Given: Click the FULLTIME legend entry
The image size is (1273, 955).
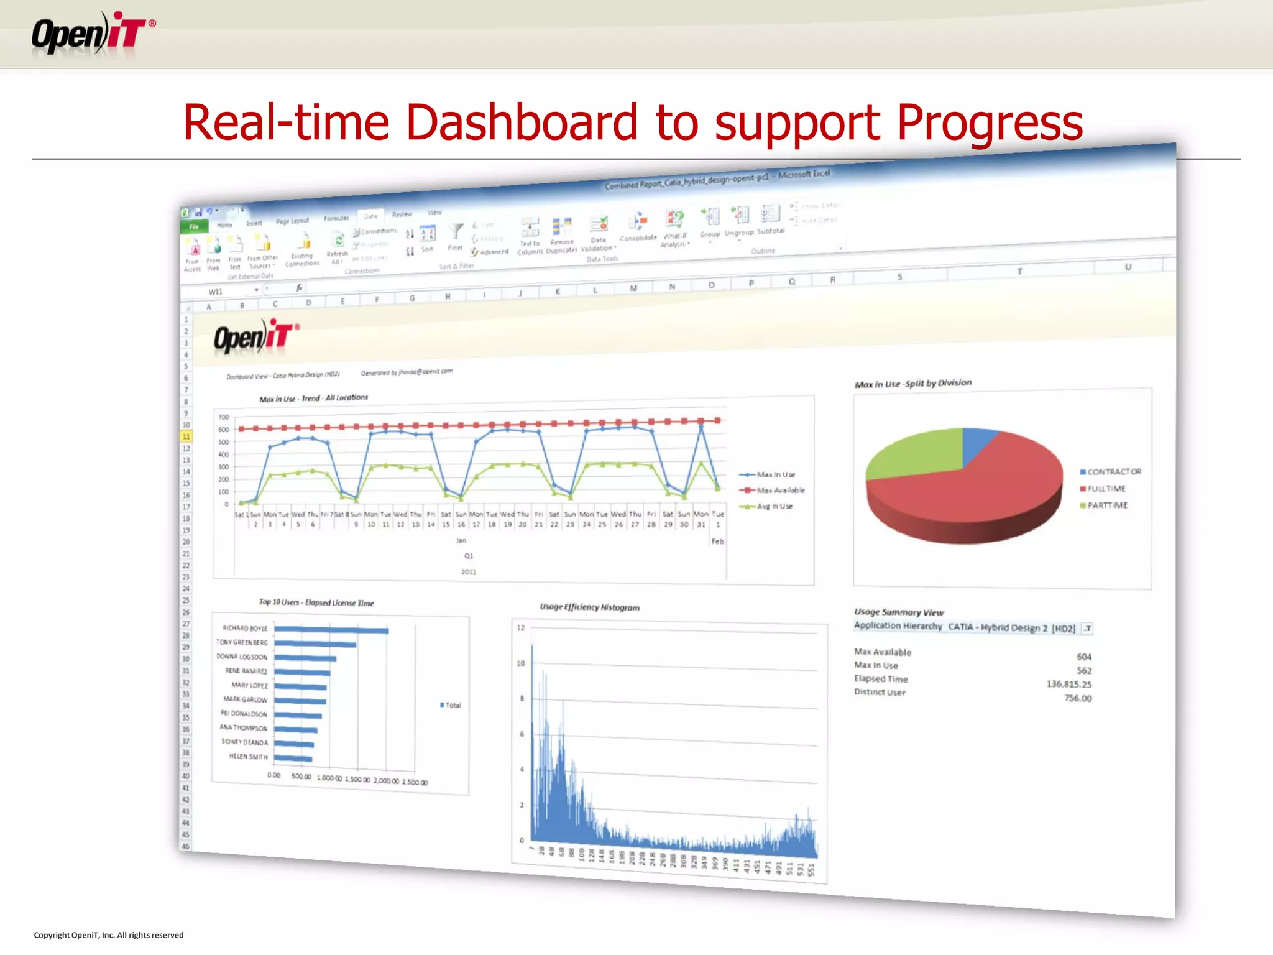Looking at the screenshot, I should (1106, 489).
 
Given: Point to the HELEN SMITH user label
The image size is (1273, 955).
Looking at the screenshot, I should (248, 757).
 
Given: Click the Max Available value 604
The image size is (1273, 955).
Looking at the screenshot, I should (1083, 657).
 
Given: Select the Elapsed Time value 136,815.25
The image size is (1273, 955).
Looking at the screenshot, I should (1068, 684).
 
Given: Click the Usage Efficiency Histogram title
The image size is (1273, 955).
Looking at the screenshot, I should (589, 607).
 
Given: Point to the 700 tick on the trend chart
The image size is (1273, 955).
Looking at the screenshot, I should (224, 417).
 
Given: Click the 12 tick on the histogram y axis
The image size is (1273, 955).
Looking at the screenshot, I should (521, 628).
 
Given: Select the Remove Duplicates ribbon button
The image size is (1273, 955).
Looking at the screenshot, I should (562, 235).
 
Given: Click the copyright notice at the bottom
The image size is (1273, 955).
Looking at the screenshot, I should (109, 935).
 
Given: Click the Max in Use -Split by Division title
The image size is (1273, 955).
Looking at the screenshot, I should (912, 384).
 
